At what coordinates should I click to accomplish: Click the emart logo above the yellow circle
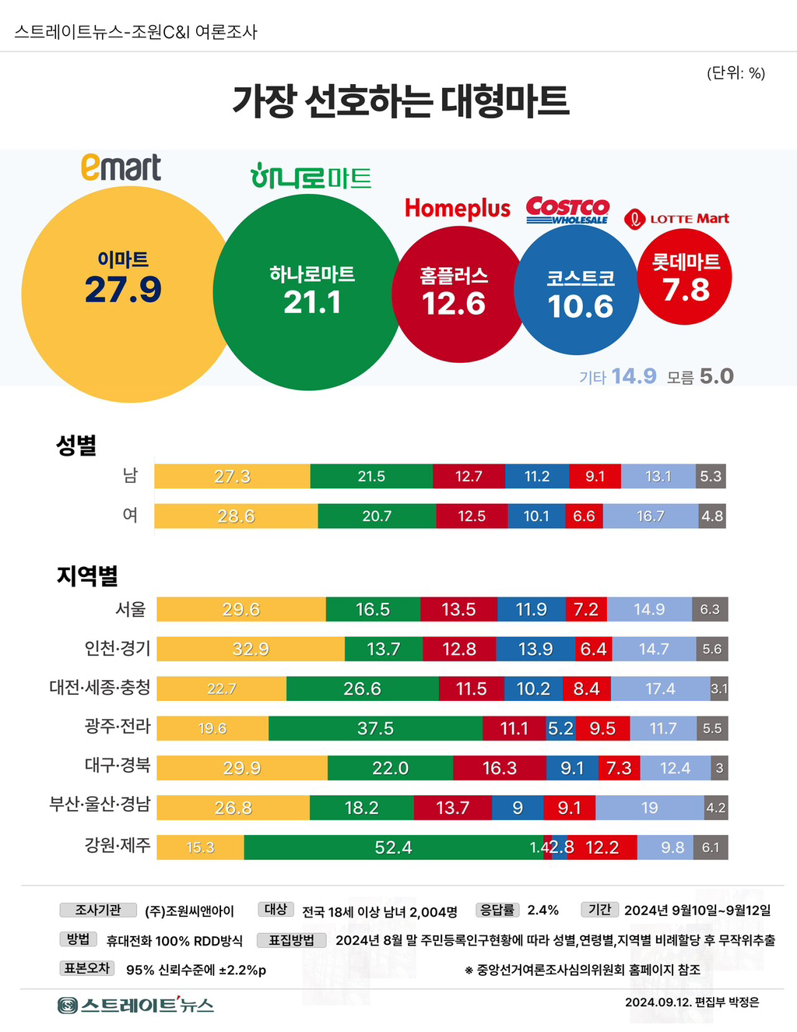coord(121,167)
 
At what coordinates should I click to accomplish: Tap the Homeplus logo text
coord(458,208)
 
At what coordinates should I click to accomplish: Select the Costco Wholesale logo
coord(567,210)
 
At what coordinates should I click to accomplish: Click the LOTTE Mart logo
coord(677,219)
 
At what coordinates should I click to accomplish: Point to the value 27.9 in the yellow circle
coord(123,290)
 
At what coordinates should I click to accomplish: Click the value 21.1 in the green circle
coord(312,302)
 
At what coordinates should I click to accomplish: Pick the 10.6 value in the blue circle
coord(581,306)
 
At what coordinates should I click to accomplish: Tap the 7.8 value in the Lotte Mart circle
coord(686,290)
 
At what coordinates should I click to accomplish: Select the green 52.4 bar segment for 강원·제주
coord(394,847)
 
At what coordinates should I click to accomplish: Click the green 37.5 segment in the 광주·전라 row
coord(375,728)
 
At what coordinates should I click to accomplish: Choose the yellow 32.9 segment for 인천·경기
coord(251,649)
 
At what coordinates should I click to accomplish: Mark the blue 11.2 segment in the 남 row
coord(537,476)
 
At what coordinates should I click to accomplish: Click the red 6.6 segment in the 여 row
coord(584,516)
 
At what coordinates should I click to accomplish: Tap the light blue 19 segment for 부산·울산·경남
coord(650,808)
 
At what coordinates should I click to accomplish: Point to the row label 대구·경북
coord(118,765)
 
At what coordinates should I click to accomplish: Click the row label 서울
coord(131,609)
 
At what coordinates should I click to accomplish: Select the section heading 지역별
coord(87,576)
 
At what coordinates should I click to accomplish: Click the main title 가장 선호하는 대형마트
coord(401,101)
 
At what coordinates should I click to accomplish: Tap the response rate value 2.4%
coord(542,910)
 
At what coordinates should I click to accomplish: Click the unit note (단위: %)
coord(736,73)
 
